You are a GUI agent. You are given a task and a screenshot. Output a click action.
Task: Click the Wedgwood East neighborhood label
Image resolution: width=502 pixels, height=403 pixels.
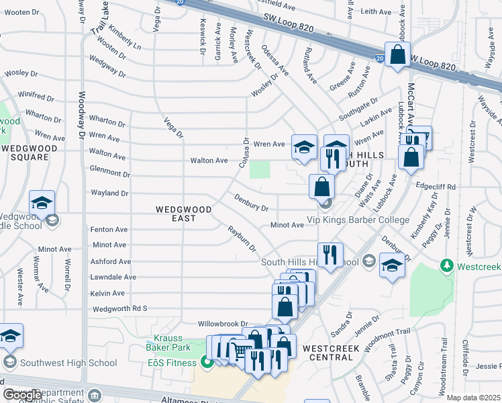pos(183,214)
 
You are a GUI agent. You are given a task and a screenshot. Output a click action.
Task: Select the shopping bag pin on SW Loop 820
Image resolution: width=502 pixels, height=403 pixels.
pos(397,55)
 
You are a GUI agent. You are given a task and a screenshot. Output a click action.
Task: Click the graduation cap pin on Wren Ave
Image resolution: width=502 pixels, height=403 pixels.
pos(303,147)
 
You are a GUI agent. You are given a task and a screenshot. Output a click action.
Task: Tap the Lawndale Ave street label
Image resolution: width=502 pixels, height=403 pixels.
pos(113,277)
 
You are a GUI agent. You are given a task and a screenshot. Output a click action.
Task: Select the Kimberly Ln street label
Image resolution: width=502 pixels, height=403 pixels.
pos(124,41)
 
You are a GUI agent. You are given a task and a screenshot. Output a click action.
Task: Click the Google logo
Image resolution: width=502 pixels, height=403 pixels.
pos(21,395)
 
